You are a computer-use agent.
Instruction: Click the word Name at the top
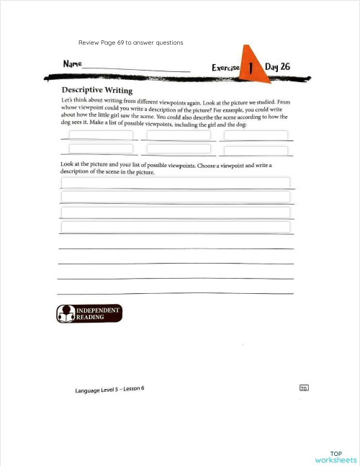pyautogui.click(x=72, y=63)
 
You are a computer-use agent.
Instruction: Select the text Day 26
pyautogui.click(x=278, y=66)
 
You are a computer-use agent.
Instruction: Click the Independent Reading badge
pyautogui.click(x=89, y=313)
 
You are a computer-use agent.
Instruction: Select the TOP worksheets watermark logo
pyautogui.click(x=336, y=455)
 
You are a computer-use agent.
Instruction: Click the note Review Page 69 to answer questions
pyautogui.click(x=130, y=42)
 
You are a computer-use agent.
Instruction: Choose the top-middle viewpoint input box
pyautogui.click(x=179, y=135)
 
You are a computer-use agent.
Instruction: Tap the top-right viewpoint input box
pyautogui.click(x=256, y=135)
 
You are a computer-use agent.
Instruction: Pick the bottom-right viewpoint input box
pyautogui.click(x=256, y=151)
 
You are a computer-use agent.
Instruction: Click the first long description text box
pyautogui.click(x=176, y=183)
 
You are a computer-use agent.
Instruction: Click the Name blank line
pyautogui.click(x=137, y=70)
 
